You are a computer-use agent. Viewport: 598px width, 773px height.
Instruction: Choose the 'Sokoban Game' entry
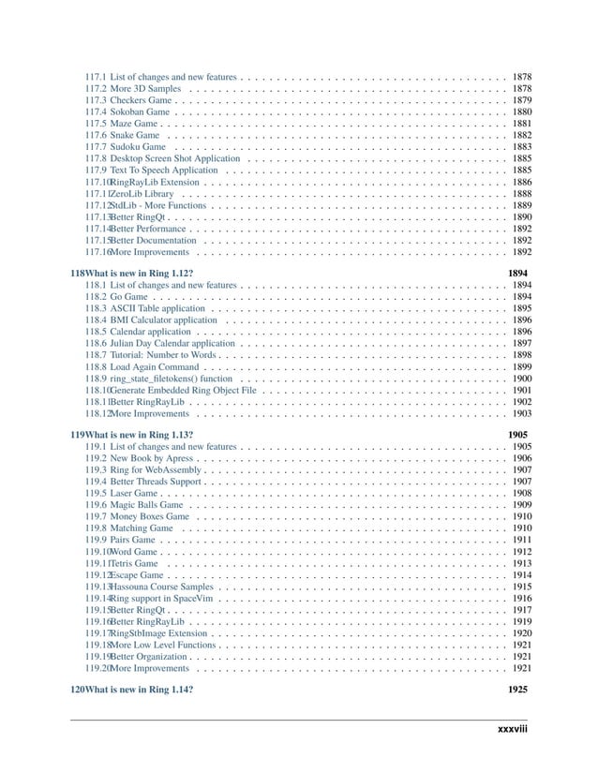[140, 111]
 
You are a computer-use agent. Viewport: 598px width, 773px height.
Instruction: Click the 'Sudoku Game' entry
[138, 147]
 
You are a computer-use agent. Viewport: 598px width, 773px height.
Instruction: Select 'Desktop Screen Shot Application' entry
[174, 159]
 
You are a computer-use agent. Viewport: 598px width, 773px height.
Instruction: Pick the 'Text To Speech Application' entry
[164, 171]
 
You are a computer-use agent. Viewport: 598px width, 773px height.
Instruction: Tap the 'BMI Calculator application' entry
[163, 320]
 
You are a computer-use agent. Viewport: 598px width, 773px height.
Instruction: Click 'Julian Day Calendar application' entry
[172, 344]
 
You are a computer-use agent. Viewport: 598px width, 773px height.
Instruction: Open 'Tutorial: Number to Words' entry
[163, 356]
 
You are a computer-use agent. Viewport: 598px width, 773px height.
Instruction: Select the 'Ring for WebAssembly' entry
[152, 471]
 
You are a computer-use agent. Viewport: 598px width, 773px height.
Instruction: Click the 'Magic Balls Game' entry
[146, 504]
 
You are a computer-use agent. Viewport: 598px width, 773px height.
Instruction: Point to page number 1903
[523, 413]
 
